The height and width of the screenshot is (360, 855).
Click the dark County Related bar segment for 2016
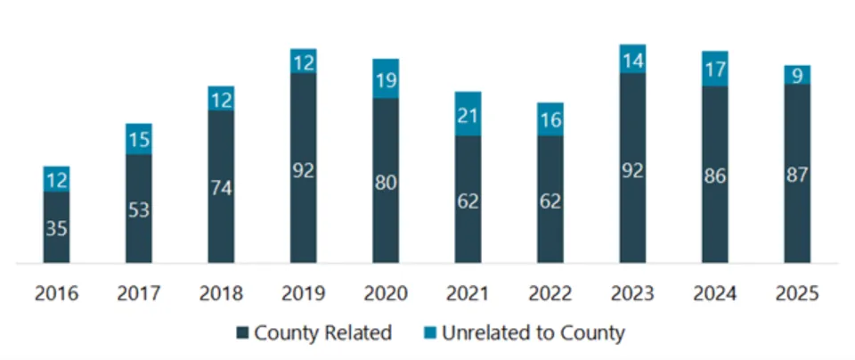(x=56, y=228)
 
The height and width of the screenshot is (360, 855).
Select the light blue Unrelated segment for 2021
(x=468, y=113)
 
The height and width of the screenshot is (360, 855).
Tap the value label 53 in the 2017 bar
(x=138, y=210)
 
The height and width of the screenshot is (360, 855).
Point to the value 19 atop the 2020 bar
(x=386, y=79)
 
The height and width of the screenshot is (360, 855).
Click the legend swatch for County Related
(x=243, y=333)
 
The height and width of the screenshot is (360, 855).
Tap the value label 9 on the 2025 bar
(x=797, y=75)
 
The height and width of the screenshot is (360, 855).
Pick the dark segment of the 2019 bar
(x=303, y=169)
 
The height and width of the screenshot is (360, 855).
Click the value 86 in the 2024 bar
(x=714, y=176)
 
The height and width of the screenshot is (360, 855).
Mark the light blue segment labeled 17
(x=714, y=69)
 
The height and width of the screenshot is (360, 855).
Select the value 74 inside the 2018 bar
(x=221, y=188)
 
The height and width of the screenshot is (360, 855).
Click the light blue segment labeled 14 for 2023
(x=632, y=59)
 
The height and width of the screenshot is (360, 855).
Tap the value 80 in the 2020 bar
(x=386, y=182)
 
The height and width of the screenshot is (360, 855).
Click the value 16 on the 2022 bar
(x=550, y=119)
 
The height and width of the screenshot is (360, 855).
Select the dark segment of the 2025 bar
(x=797, y=175)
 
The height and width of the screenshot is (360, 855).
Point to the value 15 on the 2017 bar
(x=138, y=139)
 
